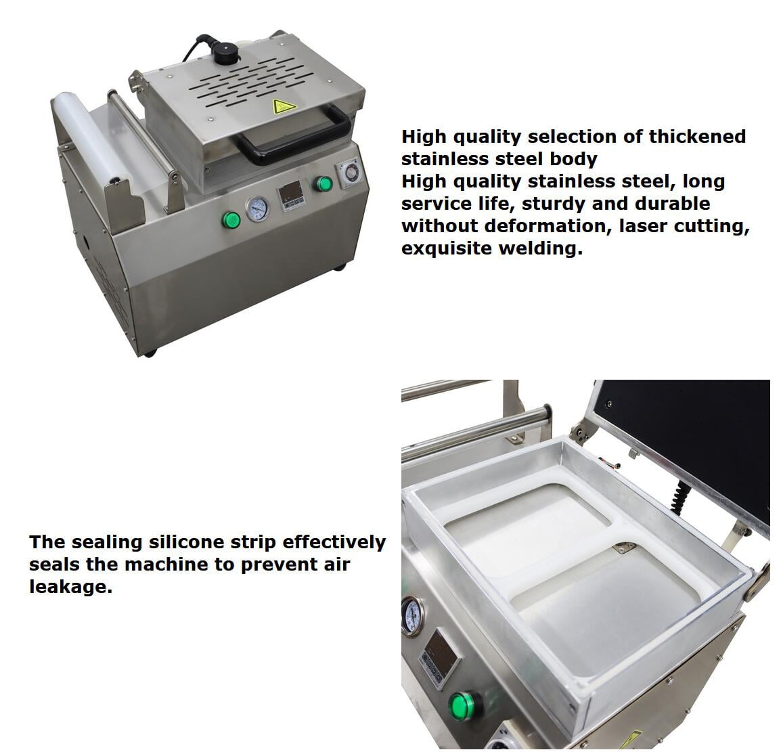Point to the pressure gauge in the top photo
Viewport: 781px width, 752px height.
(257, 208)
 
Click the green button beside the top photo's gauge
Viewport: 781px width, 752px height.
(231, 219)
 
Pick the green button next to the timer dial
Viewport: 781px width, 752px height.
(323, 183)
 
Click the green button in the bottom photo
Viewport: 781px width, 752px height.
(464, 704)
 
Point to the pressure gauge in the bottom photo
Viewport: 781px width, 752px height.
(413, 616)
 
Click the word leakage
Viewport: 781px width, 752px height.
(71, 587)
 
